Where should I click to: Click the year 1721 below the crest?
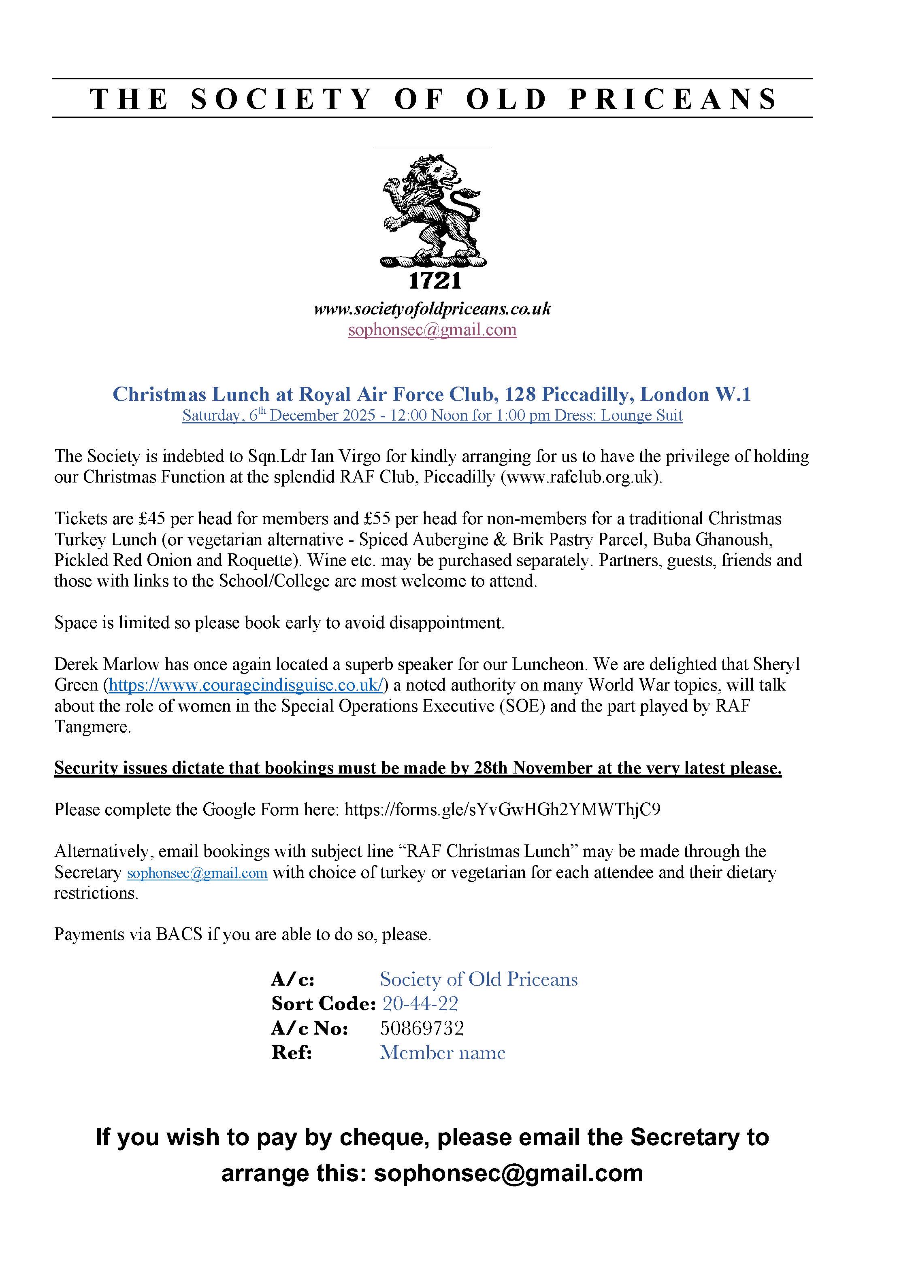[x=435, y=281]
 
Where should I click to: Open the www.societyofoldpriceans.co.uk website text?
[x=432, y=308]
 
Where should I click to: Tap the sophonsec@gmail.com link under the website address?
[x=432, y=330]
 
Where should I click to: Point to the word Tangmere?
[x=92, y=727]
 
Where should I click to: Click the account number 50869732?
[x=422, y=1028]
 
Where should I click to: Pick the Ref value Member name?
[x=442, y=1052]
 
